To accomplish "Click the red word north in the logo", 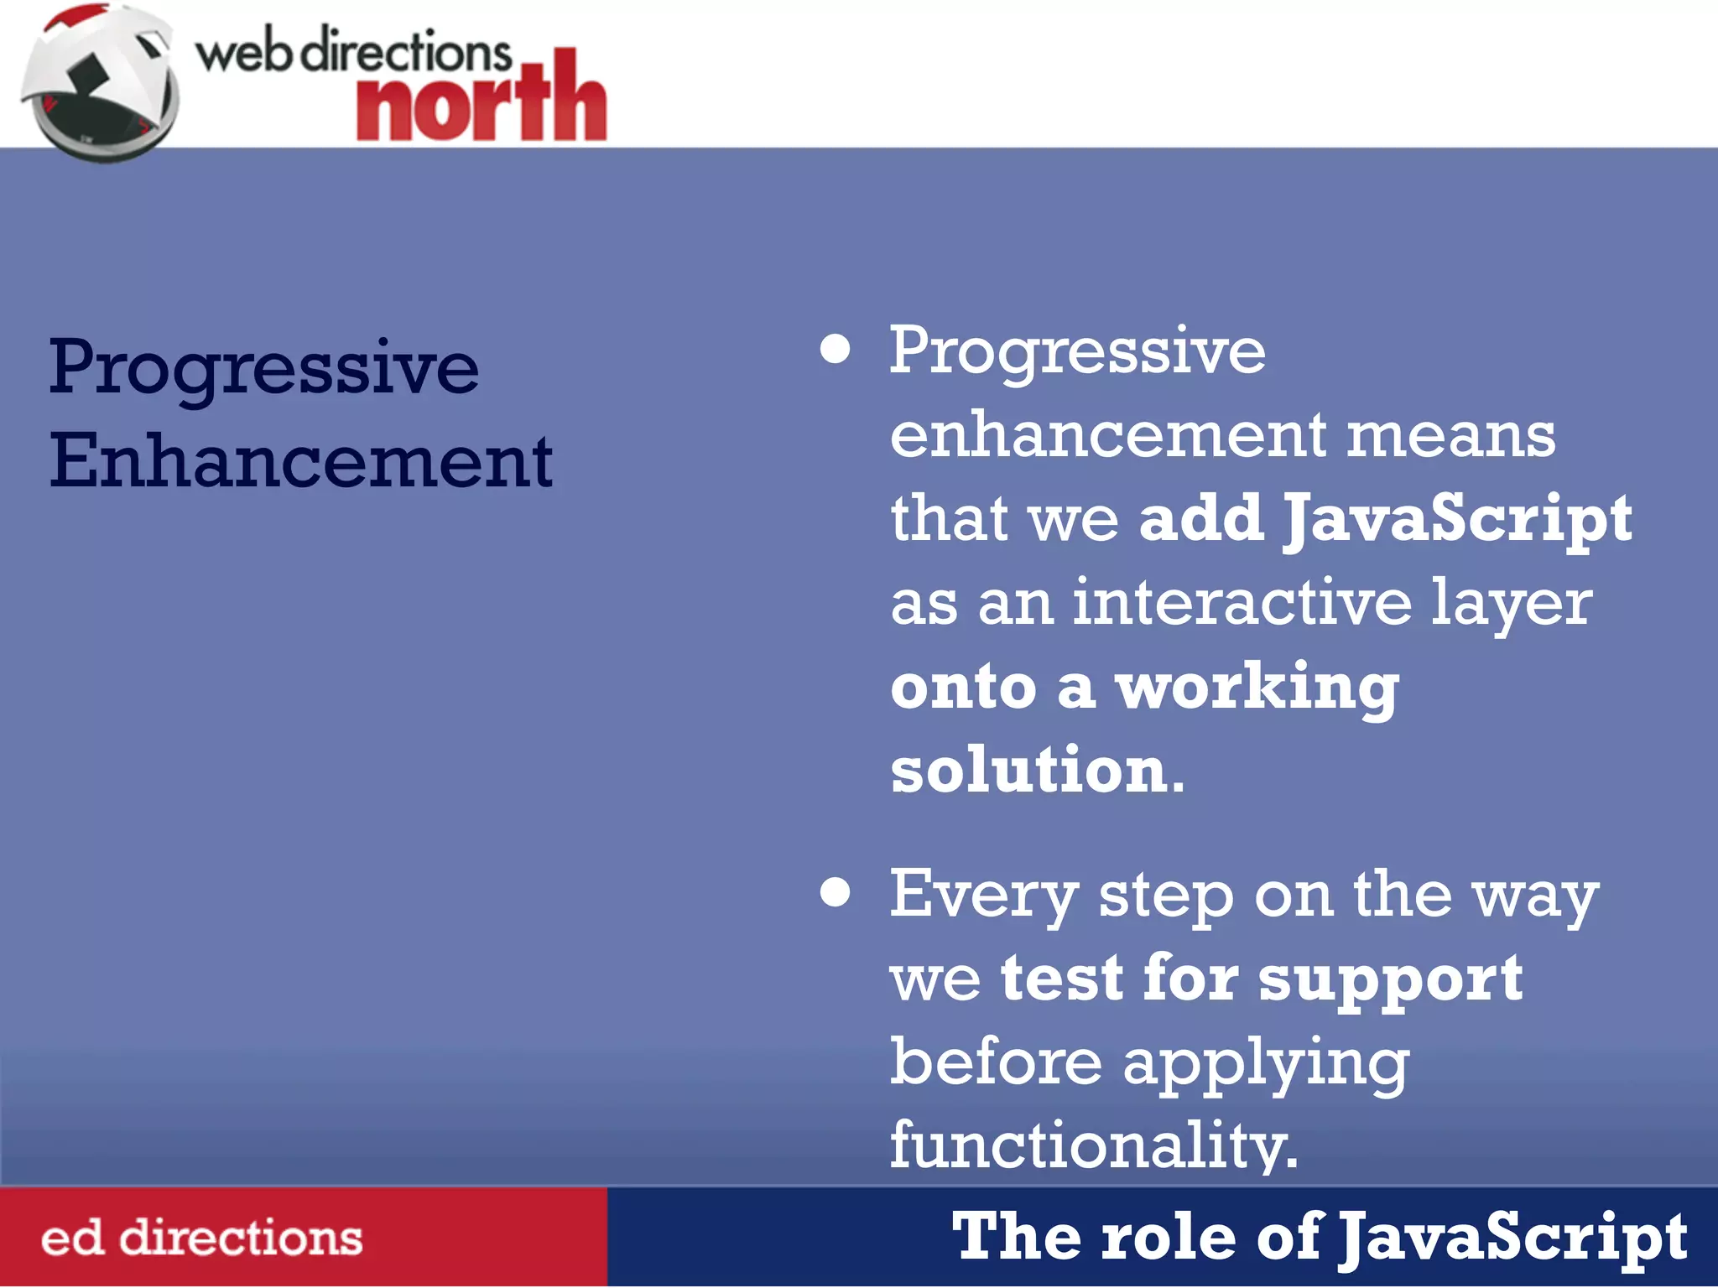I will [x=481, y=101].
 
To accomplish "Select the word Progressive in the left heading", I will [x=263, y=369].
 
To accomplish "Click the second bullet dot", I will [x=835, y=892].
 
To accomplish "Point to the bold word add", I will [x=1201, y=517].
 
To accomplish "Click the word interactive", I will [x=1242, y=601].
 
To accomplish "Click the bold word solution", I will [x=1028, y=769].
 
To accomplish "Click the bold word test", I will [x=1062, y=978].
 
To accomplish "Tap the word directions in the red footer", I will [x=241, y=1238].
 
